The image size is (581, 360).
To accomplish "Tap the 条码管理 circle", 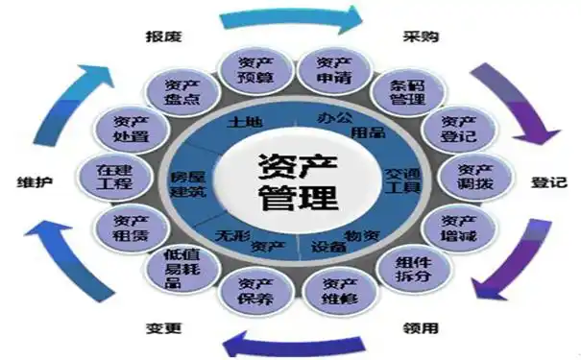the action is (399, 92).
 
